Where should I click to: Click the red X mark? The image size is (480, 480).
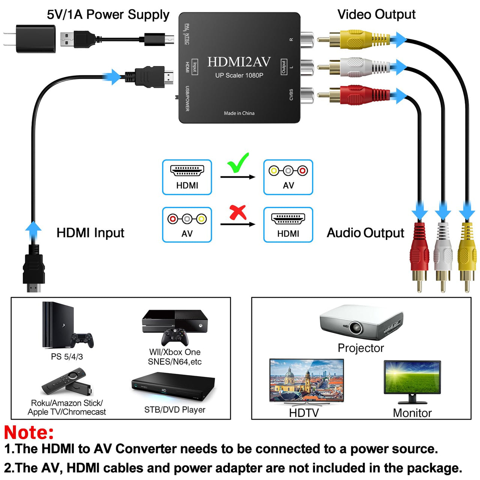point(238,212)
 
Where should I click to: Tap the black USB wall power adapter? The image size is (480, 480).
point(36,39)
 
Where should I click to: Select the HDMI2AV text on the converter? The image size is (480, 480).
point(239,62)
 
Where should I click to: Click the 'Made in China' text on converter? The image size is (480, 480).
point(239,113)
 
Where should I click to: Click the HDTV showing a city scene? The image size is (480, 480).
point(306,381)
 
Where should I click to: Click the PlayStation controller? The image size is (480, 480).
point(82,339)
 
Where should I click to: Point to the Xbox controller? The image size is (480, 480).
point(175,337)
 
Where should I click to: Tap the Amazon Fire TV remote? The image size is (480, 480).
point(64,381)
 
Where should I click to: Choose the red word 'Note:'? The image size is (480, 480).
point(29,432)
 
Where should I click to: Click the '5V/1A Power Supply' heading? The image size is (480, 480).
point(108,15)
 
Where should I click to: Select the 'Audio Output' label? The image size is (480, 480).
point(365,233)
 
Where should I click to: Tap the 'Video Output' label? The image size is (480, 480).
point(376,15)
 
